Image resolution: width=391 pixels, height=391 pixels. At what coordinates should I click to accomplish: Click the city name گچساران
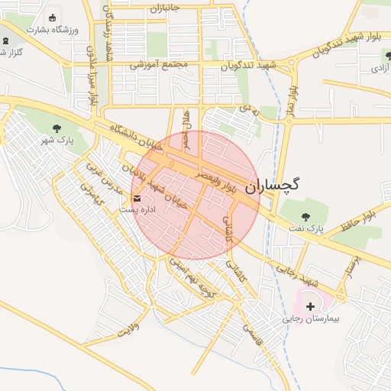pos(273,185)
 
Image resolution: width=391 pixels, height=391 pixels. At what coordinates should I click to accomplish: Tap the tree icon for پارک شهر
pos(58,128)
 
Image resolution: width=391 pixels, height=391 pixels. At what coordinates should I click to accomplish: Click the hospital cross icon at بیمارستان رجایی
pos(310,305)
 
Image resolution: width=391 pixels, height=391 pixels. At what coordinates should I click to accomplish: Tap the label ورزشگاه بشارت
pos(51,30)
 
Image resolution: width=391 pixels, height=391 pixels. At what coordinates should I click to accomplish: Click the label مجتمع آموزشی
pos(159,65)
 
